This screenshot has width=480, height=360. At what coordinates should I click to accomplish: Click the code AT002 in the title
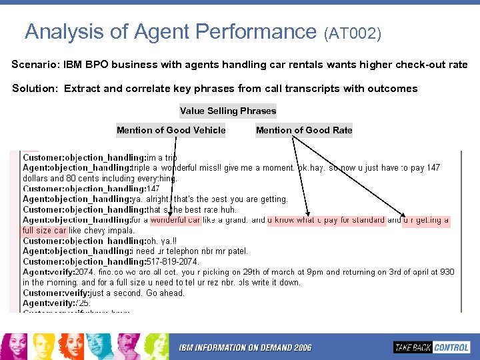pos(353,33)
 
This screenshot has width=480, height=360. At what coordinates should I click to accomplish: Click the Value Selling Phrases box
pos(228,111)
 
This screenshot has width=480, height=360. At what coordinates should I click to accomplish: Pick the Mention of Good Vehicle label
pos(171,131)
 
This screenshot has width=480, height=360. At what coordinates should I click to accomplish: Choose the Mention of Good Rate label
pos(304,131)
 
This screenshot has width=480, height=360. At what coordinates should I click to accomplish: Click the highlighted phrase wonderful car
pos(176,220)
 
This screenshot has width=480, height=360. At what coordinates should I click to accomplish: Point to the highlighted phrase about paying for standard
pos(327,220)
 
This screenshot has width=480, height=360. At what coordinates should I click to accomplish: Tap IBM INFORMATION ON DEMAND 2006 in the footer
pos(245,347)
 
